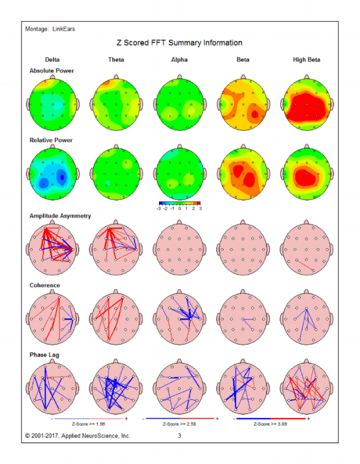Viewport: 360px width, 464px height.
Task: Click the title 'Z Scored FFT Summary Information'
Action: coord(179,43)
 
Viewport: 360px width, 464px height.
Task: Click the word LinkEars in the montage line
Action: coord(64,29)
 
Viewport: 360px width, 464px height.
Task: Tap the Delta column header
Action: coord(52,59)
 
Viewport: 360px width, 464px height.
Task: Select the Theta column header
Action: coord(116,59)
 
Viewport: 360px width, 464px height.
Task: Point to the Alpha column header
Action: coord(179,59)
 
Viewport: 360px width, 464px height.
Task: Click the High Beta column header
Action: coord(307,59)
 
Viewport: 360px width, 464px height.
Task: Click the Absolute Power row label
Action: coord(52,71)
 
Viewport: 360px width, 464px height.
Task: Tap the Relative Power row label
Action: coord(51,140)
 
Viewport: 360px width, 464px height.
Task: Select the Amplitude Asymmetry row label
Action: coord(60,216)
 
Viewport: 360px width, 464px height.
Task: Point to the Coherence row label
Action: coord(45,285)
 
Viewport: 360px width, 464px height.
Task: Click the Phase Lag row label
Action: coord(44,355)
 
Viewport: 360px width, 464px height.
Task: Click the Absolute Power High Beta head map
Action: coord(307,104)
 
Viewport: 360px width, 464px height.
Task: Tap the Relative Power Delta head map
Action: coord(53,174)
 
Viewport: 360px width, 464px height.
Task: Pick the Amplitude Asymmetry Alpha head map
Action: coord(179,249)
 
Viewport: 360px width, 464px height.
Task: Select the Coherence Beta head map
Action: coord(243,319)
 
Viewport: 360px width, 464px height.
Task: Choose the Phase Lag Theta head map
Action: coord(116,388)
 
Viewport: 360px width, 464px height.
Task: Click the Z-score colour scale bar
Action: coord(180,203)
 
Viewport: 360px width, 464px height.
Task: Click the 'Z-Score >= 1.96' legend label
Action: coord(89,424)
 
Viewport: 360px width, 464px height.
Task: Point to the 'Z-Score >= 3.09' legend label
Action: coord(270,424)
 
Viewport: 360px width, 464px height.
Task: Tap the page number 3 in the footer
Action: coord(179,436)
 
